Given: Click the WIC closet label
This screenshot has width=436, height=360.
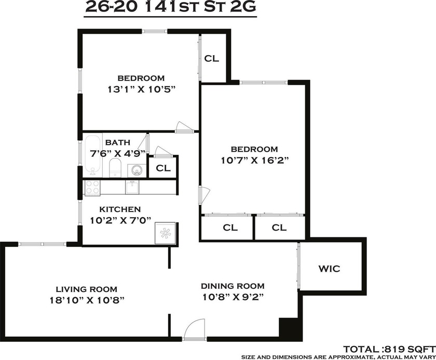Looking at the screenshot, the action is coord(329,269).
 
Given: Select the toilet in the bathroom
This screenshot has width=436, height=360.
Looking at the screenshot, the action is coord(115,167).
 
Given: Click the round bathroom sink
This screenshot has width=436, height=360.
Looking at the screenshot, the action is coord(137,170).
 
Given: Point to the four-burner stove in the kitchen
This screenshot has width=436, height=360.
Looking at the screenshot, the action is coord(92,187).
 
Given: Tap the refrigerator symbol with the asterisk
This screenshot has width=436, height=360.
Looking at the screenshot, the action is coord(165,233).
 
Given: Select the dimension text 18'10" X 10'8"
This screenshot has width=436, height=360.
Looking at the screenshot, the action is coord(87,300).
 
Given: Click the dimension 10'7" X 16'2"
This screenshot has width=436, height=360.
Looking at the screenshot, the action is coord(255,161).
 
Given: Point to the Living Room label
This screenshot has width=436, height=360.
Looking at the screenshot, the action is coord(87,289).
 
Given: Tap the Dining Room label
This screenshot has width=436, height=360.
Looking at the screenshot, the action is coord(233,286).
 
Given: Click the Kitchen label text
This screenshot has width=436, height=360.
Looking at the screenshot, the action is coord(120,209).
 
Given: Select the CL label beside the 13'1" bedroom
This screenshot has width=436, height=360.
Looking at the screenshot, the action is coord(212,58).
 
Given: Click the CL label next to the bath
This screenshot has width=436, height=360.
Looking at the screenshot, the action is coord(163,168).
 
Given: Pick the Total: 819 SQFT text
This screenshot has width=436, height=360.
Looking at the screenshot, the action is coord(389,349).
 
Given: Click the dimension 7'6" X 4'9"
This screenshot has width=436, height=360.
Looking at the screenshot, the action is coord(118,153).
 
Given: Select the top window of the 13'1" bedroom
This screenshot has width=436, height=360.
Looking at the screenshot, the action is coord(155,32).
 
